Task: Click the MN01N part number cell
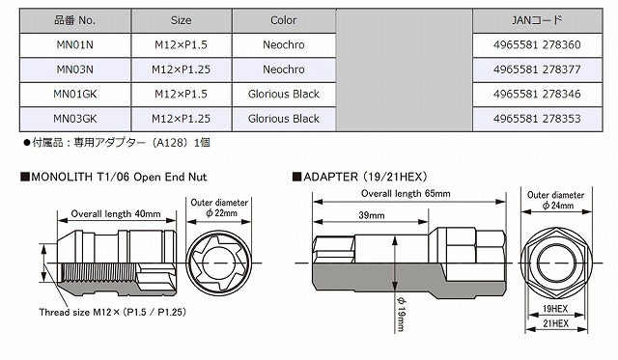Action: click(75, 45)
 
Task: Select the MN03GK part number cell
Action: click(75, 119)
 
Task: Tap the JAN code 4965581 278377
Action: click(537, 69)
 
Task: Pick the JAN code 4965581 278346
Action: click(537, 95)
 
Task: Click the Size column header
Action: click(182, 20)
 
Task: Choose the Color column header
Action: click(284, 20)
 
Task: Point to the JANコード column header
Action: click(537, 20)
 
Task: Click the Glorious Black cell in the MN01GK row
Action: click(284, 95)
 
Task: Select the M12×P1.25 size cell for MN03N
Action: click(182, 69)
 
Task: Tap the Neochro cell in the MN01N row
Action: click(284, 45)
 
